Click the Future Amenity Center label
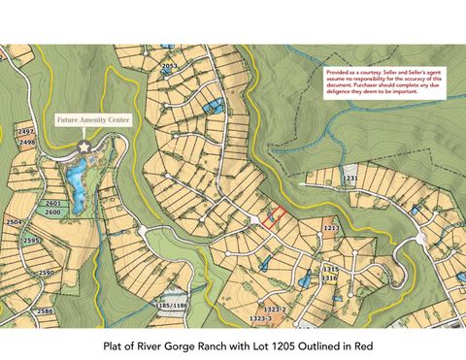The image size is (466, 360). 95,120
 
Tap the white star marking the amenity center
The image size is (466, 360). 84,146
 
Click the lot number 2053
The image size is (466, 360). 170,66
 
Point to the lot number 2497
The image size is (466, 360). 26,131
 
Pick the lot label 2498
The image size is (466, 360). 27,142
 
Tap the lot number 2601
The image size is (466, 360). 53,203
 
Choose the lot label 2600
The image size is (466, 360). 53,212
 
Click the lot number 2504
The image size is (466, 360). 15,222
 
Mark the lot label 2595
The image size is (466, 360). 32,241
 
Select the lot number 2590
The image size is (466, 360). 46,274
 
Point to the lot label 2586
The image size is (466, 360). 44,311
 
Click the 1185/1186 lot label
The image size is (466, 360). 171,306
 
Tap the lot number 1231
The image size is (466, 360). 350,179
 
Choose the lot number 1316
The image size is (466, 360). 330,278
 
